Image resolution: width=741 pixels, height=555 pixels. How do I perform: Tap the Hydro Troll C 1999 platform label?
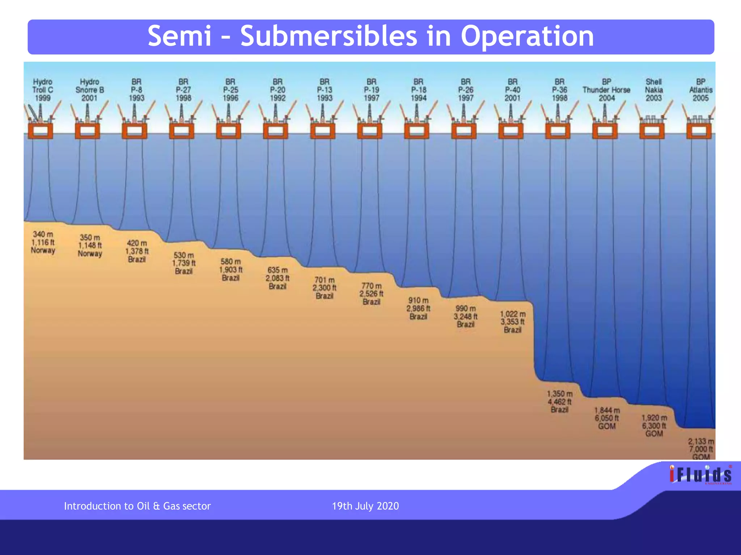point(43,90)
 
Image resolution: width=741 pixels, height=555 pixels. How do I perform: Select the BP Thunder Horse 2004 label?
point(606,90)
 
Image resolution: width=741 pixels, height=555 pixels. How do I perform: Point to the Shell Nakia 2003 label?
point(654,90)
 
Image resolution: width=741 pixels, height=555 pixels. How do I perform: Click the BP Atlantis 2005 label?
point(701,90)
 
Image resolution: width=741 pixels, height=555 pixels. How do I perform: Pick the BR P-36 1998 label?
point(559,90)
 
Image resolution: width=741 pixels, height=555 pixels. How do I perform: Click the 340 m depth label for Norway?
point(43,242)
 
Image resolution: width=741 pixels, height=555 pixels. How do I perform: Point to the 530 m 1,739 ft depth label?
point(184,263)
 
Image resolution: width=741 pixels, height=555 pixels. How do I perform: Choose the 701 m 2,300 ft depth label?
point(325,288)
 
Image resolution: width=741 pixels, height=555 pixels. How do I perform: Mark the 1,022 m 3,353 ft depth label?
point(513,322)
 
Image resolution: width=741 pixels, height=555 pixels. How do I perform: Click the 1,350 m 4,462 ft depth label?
point(560,401)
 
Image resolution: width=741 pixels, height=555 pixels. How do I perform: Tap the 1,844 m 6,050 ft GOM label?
point(607,418)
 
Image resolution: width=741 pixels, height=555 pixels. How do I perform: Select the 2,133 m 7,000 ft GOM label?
point(701,449)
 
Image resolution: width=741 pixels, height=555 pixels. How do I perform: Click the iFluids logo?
point(700,474)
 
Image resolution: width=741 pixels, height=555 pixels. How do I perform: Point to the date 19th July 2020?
point(365,506)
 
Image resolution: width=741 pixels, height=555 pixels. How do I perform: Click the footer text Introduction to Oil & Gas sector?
point(137,506)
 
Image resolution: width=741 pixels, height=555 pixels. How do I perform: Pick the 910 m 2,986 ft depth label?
point(419,308)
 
